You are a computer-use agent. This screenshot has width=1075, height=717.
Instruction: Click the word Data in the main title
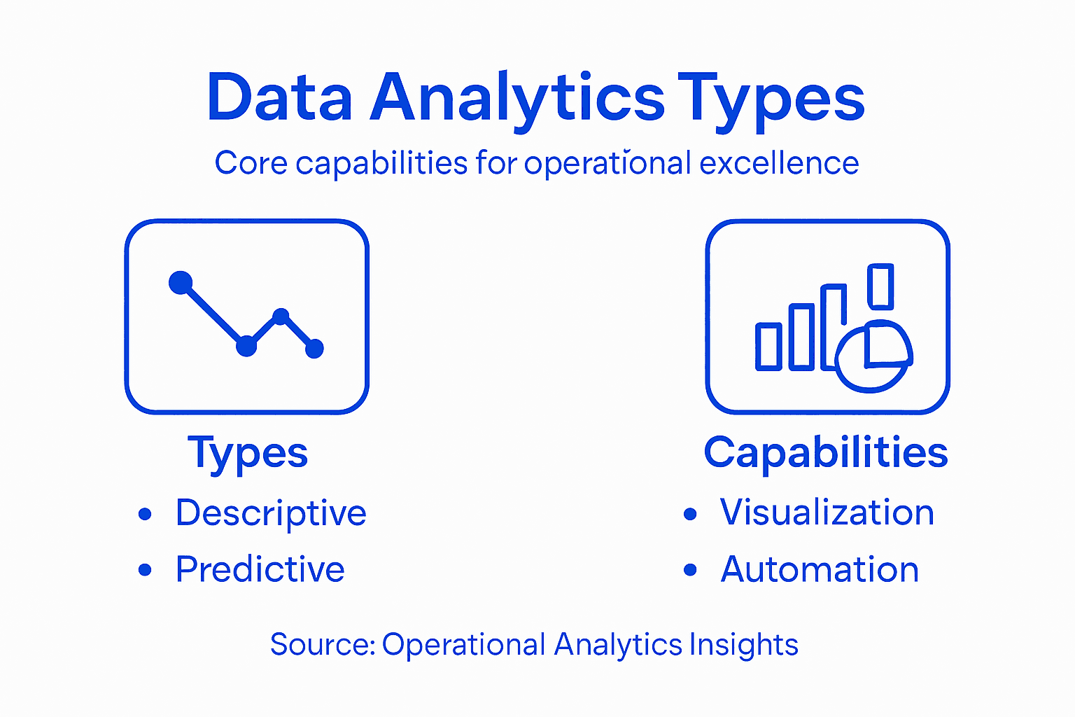[279, 98]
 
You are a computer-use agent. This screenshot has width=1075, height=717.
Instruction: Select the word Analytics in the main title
[517, 98]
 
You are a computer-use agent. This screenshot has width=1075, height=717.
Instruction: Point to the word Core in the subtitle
[251, 163]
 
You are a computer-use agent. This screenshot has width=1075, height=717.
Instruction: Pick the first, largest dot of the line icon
[181, 282]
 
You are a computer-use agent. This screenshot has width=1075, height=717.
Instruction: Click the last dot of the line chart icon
[315, 348]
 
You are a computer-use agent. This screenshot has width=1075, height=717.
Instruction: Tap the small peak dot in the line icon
[281, 316]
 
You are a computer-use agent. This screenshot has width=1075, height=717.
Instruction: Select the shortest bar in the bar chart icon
[768, 346]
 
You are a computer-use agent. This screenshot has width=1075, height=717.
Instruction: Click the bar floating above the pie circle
[880, 286]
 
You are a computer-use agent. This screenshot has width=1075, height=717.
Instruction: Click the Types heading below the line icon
[248, 453]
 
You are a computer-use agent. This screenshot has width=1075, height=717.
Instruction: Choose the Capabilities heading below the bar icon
[826, 452]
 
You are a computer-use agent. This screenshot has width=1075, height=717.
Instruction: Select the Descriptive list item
[271, 513]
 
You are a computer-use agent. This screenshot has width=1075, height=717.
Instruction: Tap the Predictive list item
[260, 569]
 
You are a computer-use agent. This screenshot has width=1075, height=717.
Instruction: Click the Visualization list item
[827, 513]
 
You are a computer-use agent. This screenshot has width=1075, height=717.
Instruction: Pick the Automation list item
[820, 569]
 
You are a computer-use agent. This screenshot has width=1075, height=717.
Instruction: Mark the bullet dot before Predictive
[145, 570]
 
